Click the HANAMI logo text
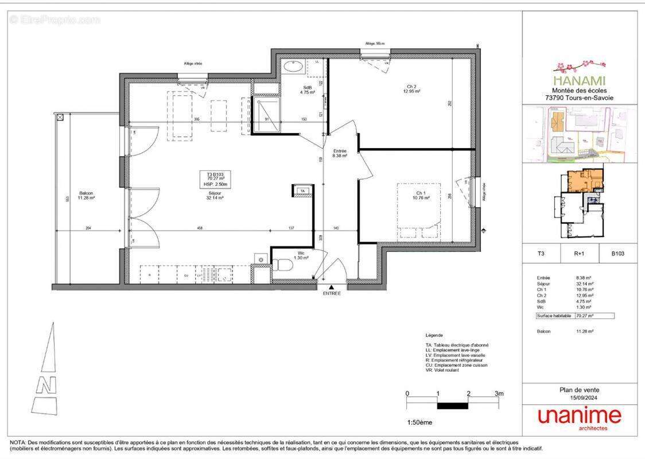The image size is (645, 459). point(579,81)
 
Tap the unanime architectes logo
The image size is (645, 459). point(579,418)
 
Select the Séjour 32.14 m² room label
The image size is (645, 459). point(216,195)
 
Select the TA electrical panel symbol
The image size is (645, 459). point(302,192)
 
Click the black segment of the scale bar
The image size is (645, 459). point(453,406)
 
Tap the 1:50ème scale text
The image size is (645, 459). point(419,423)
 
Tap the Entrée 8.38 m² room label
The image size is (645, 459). point(340,153)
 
